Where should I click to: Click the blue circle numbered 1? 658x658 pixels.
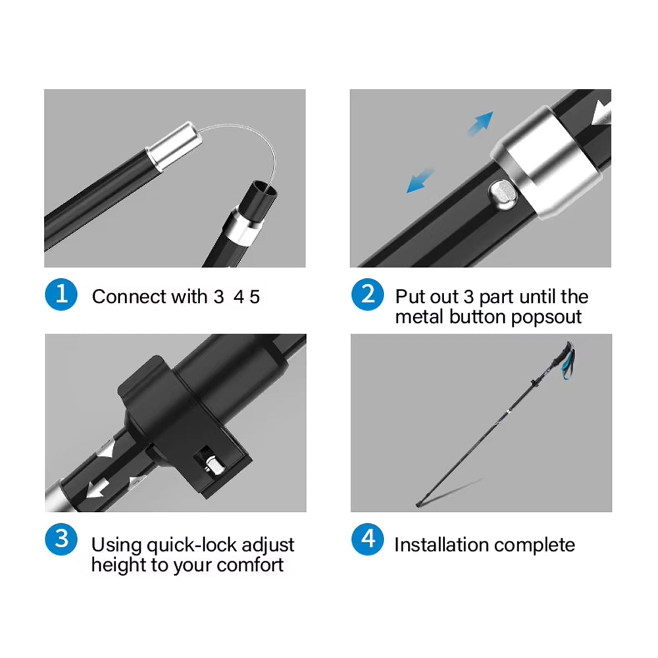61,295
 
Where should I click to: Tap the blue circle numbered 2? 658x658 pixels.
368,295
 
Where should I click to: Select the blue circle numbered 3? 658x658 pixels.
61,540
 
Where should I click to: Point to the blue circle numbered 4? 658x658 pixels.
368,540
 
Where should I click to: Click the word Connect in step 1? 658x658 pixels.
129,297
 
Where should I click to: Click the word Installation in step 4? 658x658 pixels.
440,545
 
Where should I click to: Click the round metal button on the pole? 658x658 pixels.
502,195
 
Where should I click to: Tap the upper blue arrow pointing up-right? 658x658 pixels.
481,123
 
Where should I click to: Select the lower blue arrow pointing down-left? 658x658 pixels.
420,180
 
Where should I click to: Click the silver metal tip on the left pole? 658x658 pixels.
174,145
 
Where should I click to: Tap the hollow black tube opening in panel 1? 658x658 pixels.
264,191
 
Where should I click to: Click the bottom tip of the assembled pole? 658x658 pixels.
418,505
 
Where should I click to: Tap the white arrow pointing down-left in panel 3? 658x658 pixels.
98,489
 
